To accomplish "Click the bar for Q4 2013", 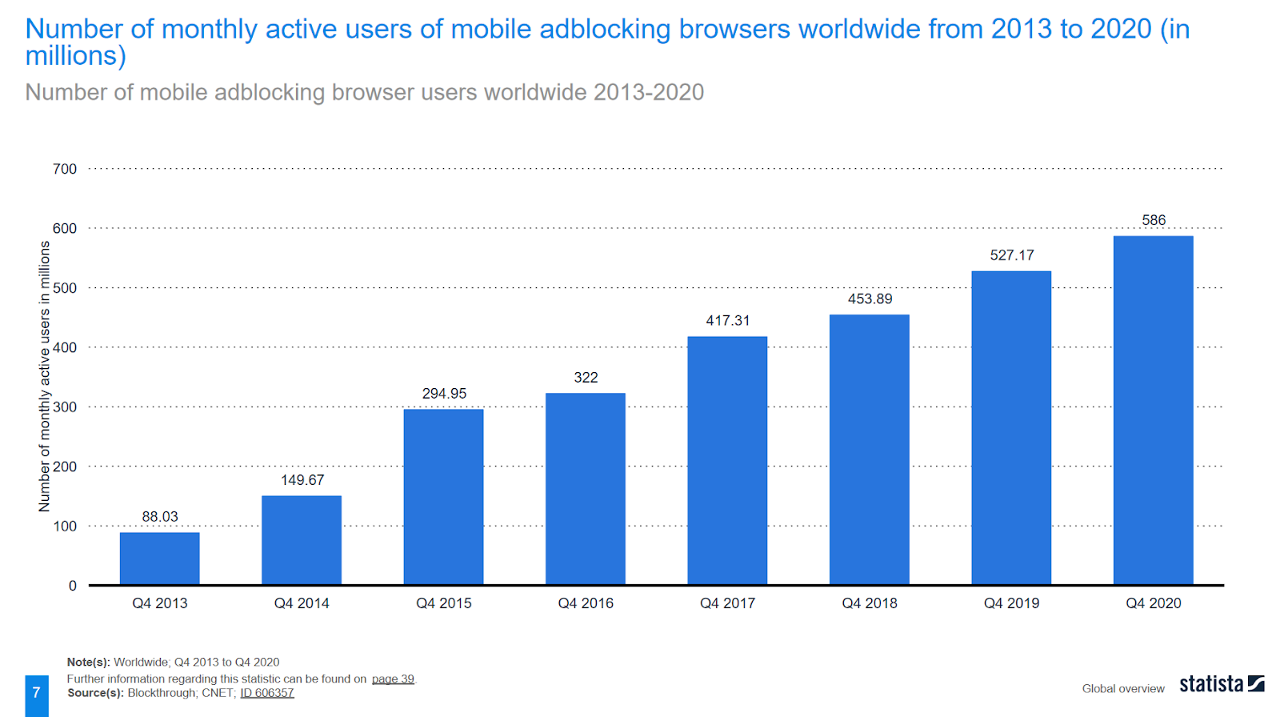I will click(x=159, y=559).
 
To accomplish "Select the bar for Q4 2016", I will click(x=585, y=488).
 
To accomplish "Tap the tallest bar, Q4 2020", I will click(x=1153, y=410).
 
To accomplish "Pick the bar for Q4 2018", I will click(x=869, y=449).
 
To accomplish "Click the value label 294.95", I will click(x=444, y=394).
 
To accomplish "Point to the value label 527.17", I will click(x=1011, y=255).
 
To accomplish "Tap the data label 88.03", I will click(x=160, y=517).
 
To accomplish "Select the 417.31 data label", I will click(x=727, y=321).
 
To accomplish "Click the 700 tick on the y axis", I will click(x=65, y=169).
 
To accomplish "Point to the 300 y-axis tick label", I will click(x=65, y=407).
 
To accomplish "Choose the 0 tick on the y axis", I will click(x=72, y=586).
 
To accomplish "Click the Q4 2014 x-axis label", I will click(x=302, y=603).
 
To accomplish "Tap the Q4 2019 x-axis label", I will click(x=1011, y=603).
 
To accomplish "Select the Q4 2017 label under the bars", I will click(x=727, y=603).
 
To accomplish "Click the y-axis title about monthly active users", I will click(x=45, y=376).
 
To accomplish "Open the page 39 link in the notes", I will click(x=393, y=679).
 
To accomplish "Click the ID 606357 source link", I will click(x=267, y=693).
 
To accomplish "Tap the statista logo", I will click(x=1221, y=684).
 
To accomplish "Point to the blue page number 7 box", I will click(x=36, y=693).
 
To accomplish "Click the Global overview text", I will click(x=1122, y=688).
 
